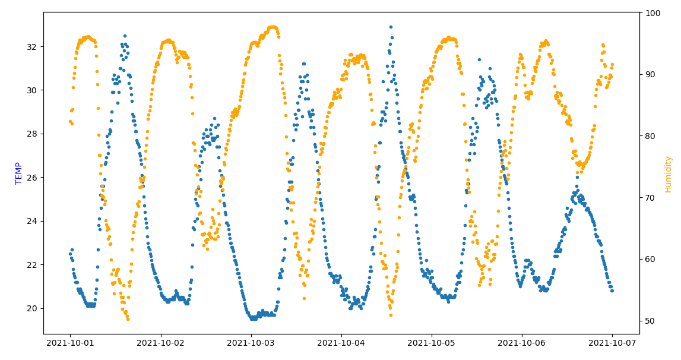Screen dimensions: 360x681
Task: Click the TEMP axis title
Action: point(19,173)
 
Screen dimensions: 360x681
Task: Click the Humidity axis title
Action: point(668,174)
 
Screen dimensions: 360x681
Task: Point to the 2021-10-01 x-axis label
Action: point(70,343)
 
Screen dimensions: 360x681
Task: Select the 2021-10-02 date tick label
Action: point(160,343)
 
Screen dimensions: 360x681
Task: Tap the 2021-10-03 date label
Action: point(251,343)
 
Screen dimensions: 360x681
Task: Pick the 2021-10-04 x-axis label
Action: point(341,343)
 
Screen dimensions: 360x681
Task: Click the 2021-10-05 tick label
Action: point(431,343)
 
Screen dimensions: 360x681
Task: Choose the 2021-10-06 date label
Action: point(521,343)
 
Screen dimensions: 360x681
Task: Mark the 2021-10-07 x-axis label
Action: point(612,343)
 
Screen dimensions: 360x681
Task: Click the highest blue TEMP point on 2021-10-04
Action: point(391,27)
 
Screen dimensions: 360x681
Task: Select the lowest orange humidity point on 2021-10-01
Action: point(128,319)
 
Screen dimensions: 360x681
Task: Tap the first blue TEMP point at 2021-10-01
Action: point(70,254)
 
